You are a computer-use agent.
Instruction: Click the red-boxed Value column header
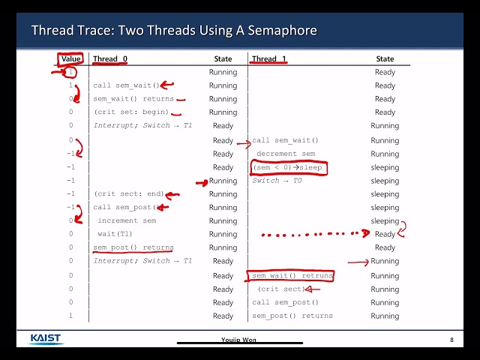coord(70,58)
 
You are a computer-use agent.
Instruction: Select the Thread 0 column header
coord(110,58)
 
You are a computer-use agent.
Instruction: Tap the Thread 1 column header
coord(268,58)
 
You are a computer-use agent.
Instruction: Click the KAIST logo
coord(46,339)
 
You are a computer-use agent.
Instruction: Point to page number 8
coord(451,340)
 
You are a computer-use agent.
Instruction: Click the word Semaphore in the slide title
coord(282,30)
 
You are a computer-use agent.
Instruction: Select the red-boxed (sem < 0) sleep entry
coord(287,168)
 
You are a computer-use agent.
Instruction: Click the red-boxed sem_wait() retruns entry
coord(292,276)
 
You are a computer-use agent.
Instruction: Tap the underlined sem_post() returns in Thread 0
coord(133,247)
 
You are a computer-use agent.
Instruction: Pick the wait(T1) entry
coord(115,234)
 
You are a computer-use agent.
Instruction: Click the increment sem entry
coord(127,220)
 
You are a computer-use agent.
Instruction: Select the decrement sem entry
coord(286,154)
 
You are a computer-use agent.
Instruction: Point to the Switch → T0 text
coord(277,181)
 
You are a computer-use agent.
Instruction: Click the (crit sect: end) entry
coord(129,193)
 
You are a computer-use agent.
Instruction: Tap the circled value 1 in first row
coord(70,72)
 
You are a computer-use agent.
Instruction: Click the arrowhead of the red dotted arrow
coord(366,233)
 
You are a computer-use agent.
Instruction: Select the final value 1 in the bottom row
coord(70,316)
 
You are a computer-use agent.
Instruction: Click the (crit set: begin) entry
coord(131,112)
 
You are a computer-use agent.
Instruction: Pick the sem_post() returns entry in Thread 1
coord(292,316)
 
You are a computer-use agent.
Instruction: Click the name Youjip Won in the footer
coord(238,340)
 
